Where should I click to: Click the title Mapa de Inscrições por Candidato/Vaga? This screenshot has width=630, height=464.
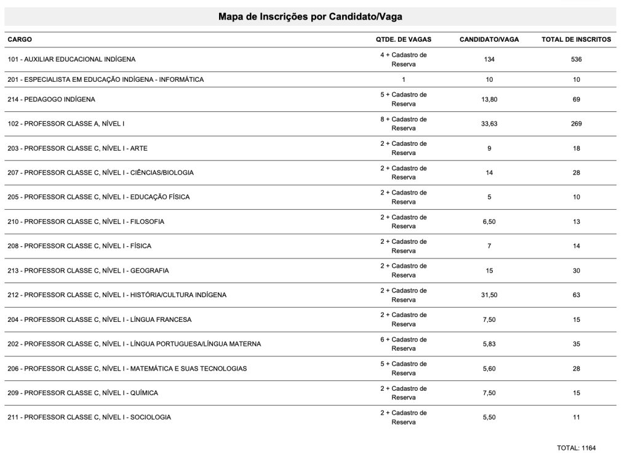(310, 17)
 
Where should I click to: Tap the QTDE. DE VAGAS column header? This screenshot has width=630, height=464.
(403, 39)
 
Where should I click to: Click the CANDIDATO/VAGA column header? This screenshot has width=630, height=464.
(489, 39)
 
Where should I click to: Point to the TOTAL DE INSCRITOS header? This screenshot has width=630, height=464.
(576, 39)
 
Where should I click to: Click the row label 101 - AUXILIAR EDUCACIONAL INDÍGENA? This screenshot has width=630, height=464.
(71, 60)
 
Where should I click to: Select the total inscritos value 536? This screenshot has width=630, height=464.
(576, 60)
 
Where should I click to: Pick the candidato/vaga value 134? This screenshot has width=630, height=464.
(489, 60)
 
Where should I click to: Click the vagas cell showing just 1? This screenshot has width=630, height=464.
(404, 79)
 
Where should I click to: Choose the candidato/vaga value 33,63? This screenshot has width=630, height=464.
(489, 123)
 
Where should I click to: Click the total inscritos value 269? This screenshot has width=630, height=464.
(576, 123)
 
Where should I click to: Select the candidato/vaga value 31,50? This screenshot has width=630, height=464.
(489, 295)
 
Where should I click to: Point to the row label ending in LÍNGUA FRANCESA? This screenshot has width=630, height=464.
(100, 319)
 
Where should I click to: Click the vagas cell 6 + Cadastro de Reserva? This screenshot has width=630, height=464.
(404, 344)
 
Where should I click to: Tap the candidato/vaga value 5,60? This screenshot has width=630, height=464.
(489, 368)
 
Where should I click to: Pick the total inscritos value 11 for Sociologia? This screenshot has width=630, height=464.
(576, 417)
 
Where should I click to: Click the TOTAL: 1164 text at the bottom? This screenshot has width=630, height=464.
(576, 448)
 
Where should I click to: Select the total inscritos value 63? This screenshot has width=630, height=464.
(576, 295)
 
